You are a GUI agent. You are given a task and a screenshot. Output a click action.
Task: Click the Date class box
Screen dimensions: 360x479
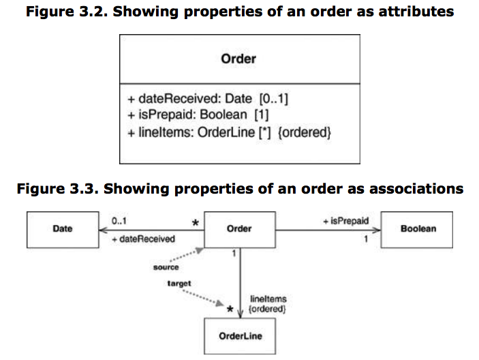[x=62, y=229]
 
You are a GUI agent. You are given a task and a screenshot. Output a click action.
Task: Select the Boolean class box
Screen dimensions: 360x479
[x=418, y=229]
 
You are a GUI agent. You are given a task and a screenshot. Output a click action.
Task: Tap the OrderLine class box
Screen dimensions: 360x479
[x=240, y=336]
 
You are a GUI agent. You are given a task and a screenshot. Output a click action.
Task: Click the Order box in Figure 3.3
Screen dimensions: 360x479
[x=239, y=229]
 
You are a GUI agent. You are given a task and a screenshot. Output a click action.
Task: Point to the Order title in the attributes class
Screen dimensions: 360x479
[x=238, y=59]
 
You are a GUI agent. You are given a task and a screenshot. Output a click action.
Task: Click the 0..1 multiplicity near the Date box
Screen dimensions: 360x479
[x=119, y=221]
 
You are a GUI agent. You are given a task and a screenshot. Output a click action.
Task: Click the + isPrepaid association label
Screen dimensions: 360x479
[x=345, y=221]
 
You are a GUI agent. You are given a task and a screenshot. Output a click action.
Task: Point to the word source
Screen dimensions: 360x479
[x=166, y=267]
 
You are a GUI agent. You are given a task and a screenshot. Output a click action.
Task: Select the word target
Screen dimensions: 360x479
[x=179, y=282]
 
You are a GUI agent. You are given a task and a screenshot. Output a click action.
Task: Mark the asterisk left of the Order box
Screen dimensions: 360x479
[x=195, y=223]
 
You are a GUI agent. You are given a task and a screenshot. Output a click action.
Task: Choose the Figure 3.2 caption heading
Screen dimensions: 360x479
[x=239, y=12]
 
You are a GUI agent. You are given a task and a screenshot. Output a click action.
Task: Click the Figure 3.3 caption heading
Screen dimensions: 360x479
[x=239, y=188]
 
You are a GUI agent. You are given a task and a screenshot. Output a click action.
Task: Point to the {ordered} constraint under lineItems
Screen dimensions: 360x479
[x=268, y=309]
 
